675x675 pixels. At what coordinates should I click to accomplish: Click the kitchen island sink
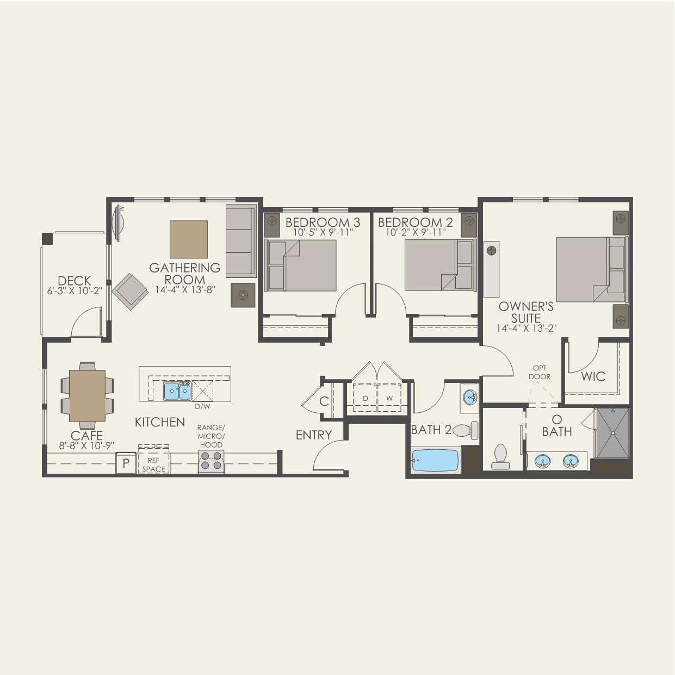point(177,391)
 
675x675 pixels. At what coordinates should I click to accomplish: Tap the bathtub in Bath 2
point(435,460)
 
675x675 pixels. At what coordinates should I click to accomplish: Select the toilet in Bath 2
point(465,430)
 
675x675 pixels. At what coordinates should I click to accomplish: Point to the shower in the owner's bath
point(612,433)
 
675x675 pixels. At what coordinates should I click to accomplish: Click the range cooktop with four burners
point(211,461)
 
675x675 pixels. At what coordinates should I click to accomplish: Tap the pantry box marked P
point(126,463)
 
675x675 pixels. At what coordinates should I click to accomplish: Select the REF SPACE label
point(153,465)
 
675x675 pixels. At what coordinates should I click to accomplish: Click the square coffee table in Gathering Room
point(188,239)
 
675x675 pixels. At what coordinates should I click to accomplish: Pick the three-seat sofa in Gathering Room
point(240,241)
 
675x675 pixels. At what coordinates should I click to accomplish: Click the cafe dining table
point(87,395)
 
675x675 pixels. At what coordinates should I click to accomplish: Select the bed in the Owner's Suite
point(591,269)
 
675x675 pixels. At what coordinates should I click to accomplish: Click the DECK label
point(74,281)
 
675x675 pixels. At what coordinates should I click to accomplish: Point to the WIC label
point(592,376)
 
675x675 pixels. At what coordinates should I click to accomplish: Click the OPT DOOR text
point(540,373)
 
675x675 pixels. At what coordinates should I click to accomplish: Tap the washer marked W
point(389,398)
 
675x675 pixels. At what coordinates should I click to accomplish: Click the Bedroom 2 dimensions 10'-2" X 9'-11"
point(416,232)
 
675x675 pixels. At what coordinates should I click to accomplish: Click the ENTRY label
point(313,435)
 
